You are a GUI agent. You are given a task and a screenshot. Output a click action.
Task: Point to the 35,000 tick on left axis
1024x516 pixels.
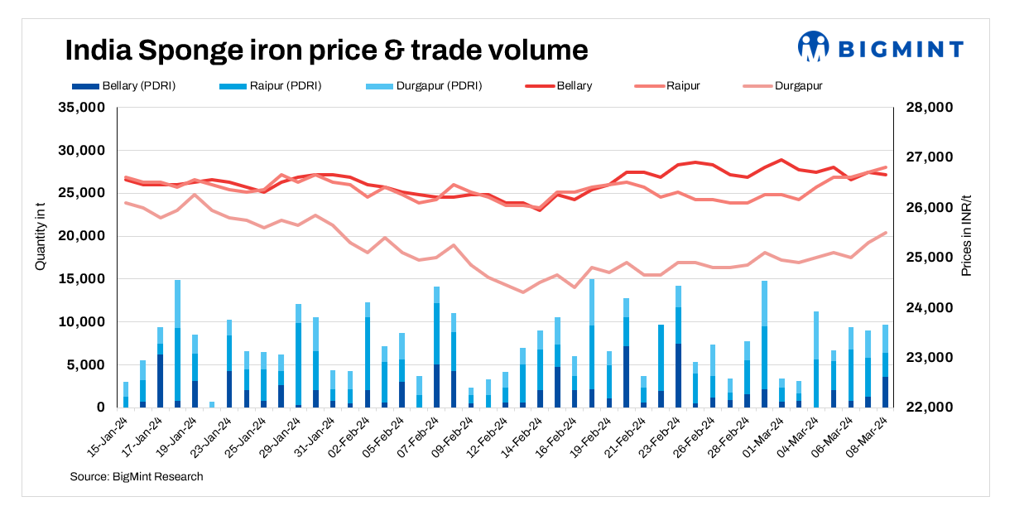(80, 108)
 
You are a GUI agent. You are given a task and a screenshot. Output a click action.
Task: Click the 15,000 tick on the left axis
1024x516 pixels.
(80, 279)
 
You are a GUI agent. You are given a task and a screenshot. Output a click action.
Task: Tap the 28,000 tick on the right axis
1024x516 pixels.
(931, 108)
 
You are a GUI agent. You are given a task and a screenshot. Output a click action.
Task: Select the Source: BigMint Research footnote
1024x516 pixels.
(137, 476)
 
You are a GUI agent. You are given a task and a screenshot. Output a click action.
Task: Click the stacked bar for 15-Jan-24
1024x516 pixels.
(126, 395)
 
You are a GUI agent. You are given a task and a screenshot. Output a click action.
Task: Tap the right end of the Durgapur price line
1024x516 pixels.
(885, 233)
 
